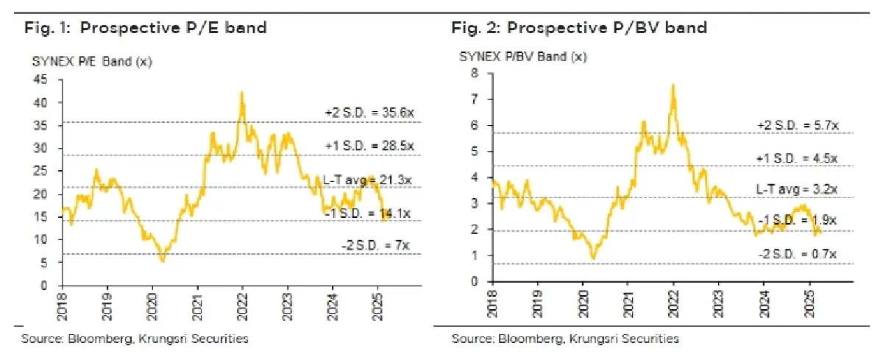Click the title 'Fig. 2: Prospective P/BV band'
click(579, 28)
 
